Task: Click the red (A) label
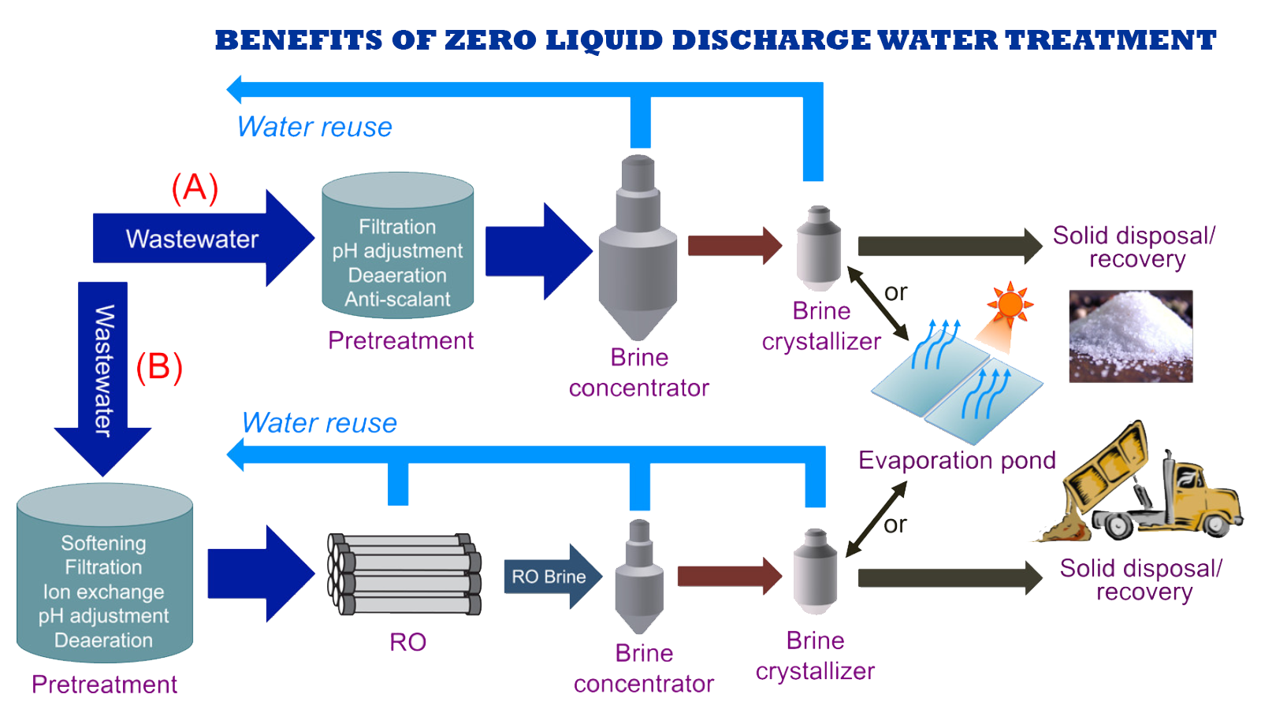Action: pyautogui.click(x=195, y=188)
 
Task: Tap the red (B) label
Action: pyautogui.click(x=159, y=367)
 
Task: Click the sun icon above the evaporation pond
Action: pyautogui.click(x=1010, y=304)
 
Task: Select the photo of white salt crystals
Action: pyautogui.click(x=1130, y=336)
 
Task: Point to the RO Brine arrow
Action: pyautogui.click(x=549, y=577)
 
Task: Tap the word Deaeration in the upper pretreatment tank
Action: pyautogui.click(x=397, y=275)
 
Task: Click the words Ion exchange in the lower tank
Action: pyautogui.click(x=103, y=592)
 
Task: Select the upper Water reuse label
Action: pyautogui.click(x=314, y=127)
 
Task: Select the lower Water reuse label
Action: pyautogui.click(x=319, y=423)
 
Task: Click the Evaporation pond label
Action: pyautogui.click(x=957, y=460)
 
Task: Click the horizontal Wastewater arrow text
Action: pyautogui.click(x=192, y=239)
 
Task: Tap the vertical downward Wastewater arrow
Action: pyautogui.click(x=103, y=370)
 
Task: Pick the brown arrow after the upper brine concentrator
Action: pyautogui.click(x=733, y=246)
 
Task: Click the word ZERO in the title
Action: pyautogui.click(x=490, y=40)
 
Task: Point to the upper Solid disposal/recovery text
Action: pyautogui.click(x=1135, y=247)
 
